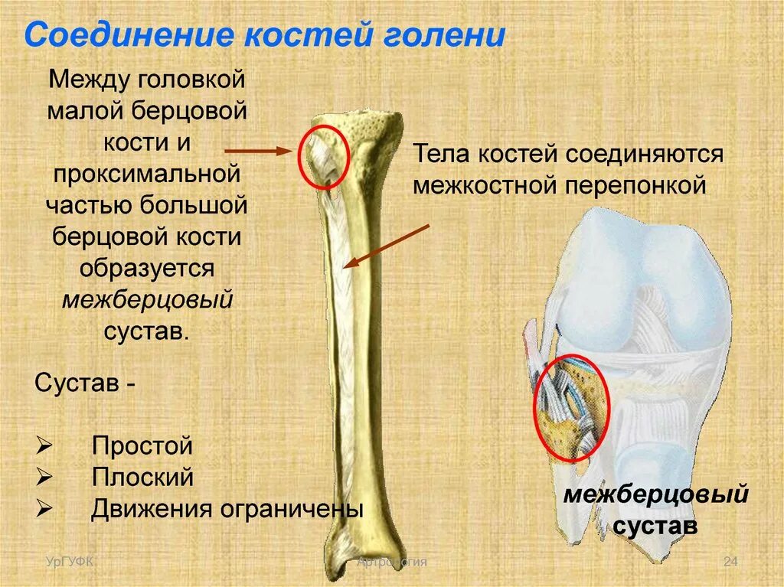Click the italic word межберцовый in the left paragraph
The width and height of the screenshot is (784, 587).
(x=147, y=299)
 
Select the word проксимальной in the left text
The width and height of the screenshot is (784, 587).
(x=147, y=174)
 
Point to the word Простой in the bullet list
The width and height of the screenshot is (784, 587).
(x=142, y=446)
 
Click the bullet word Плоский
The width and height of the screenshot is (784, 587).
(x=142, y=478)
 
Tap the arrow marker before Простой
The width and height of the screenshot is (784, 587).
(x=44, y=446)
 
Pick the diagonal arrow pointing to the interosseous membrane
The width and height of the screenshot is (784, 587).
(x=387, y=246)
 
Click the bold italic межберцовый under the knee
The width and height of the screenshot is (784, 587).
(x=655, y=495)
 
